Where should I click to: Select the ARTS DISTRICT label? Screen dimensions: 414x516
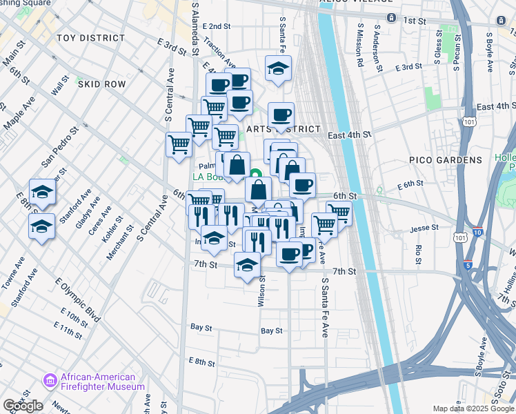click(284, 129)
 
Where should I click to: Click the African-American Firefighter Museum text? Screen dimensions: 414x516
click(103, 382)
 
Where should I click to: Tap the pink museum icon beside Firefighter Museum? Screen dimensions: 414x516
click(50, 381)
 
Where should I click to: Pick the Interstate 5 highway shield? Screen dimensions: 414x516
click(468, 264)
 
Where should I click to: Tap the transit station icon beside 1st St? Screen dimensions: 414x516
click(391, 17)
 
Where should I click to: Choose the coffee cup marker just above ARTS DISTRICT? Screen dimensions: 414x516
click(281, 115)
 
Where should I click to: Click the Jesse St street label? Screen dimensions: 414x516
click(424, 228)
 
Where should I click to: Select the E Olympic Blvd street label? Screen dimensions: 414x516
click(78, 303)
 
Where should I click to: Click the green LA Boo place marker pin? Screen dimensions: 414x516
click(255, 175)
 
